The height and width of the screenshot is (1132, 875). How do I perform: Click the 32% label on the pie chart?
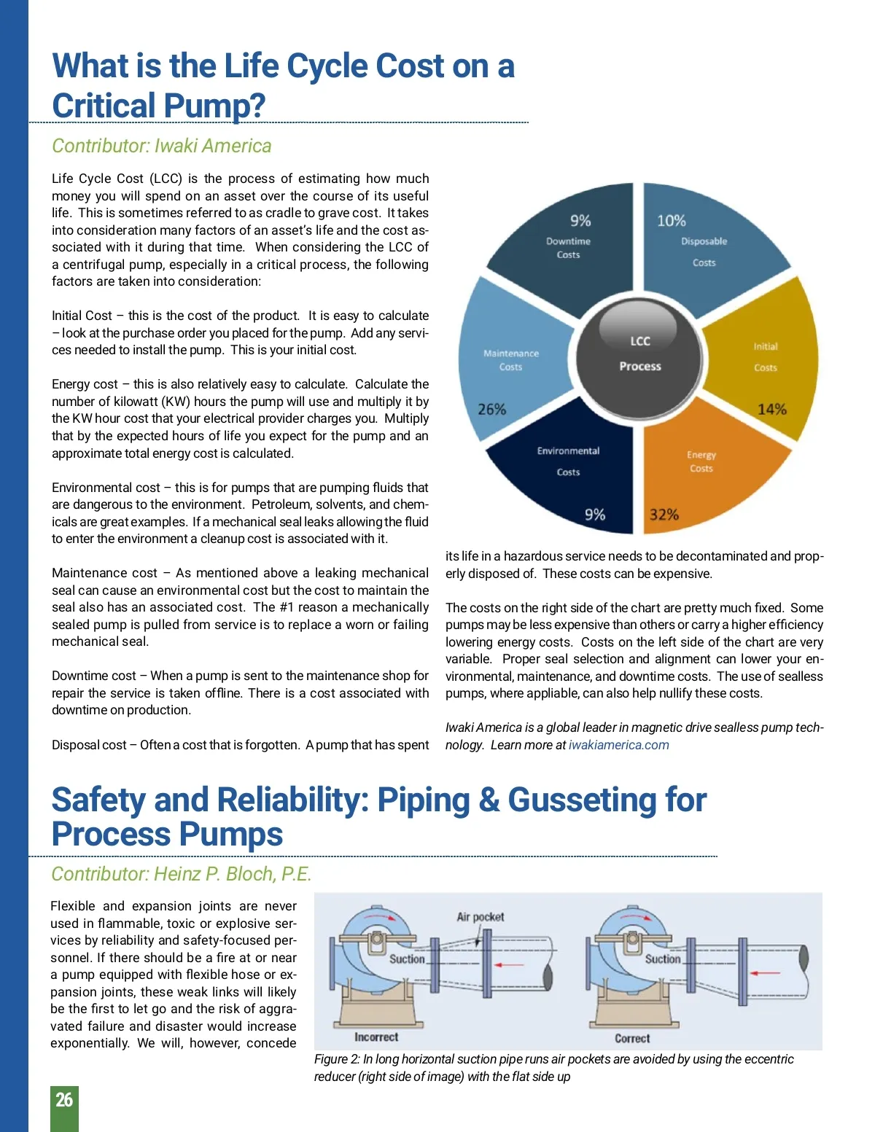664,515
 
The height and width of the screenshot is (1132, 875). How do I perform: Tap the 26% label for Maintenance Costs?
491,409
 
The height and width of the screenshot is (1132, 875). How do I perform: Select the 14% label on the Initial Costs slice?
771,409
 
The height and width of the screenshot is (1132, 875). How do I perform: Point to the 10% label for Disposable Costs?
671,220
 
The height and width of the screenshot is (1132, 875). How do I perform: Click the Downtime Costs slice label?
568,248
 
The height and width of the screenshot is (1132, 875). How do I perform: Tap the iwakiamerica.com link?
618,745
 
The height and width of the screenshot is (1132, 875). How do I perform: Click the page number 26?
64,1100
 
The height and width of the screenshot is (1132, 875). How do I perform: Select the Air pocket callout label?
480,917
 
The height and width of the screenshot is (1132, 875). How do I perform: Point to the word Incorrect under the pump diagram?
376,1037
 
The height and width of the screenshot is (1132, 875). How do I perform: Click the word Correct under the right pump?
632,1038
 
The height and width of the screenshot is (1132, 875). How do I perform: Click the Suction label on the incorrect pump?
407,959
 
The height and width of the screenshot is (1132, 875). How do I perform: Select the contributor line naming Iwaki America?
161,146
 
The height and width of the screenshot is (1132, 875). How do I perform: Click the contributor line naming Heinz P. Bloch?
181,874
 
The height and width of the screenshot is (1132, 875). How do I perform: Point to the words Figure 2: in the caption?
337,1059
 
